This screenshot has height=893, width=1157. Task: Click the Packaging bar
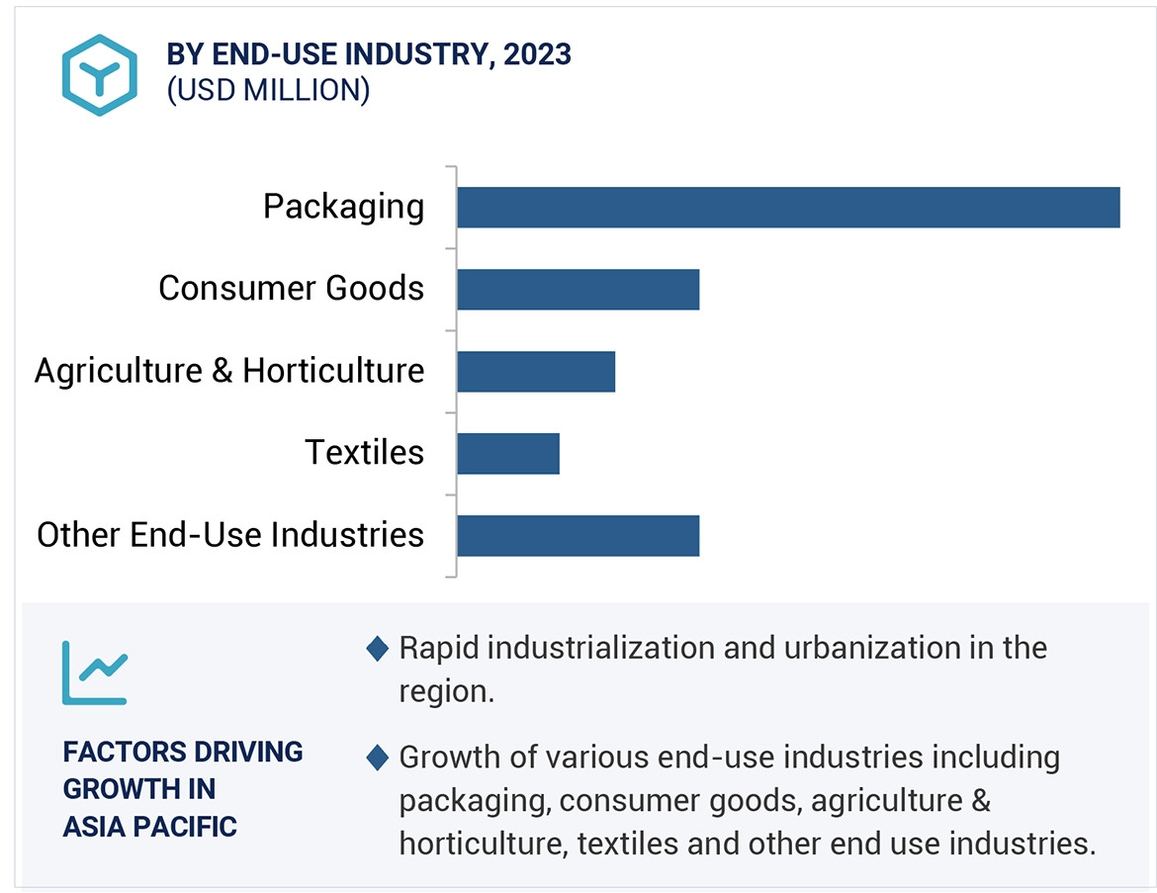[788, 208]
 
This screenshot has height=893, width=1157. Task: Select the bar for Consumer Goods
[578, 289]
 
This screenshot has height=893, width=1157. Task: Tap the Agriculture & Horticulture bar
[536, 371]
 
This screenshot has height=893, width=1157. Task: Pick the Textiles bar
[508, 453]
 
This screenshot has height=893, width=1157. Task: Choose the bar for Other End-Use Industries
[578, 535]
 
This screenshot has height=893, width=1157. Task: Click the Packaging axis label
[343, 207]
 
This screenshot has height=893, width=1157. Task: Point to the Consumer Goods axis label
[291, 289]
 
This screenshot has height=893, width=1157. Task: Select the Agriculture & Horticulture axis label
[229, 371]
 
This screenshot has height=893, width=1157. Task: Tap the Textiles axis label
[364, 453]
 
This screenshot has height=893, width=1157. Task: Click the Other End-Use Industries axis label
[230, 535]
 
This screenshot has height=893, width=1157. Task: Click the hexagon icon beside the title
[99, 74]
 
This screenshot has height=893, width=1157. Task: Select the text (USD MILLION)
[268, 90]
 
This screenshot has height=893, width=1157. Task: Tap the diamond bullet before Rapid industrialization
[377, 649]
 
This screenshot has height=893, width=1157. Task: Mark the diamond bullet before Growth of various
[377, 759]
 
